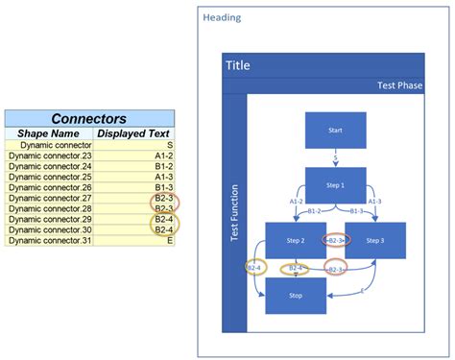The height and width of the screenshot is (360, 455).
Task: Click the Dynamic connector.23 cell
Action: click(49, 156)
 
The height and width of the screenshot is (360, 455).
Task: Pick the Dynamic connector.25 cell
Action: click(49, 177)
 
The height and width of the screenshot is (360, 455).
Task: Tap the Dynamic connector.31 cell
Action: click(49, 240)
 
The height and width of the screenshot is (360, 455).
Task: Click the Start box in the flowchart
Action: click(335, 130)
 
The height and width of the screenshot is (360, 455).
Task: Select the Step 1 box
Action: click(335, 184)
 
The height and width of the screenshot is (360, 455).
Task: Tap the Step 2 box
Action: click(296, 240)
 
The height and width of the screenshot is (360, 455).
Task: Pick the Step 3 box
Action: click(375, 240)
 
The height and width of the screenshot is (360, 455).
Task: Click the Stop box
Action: click(296, 296)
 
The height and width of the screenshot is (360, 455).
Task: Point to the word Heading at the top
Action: click(222, 17)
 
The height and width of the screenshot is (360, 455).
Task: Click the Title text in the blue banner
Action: click(237, 65)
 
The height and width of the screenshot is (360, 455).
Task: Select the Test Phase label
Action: click(399, 85)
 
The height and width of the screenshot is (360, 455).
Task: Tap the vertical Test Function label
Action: click(235, 212)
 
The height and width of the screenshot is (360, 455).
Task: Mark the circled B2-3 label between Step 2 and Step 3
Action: click(335, 240)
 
